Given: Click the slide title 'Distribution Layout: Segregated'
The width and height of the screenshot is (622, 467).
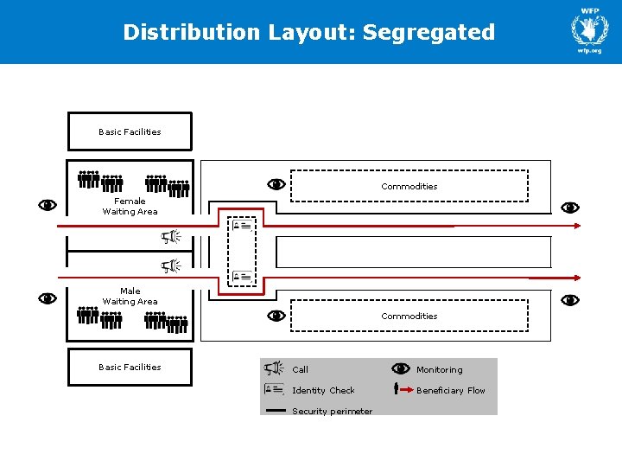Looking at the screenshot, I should coord(309,33).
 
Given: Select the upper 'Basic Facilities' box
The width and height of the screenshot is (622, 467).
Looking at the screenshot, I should coord(130,131).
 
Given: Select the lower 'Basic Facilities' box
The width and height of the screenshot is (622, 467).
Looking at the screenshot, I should coord(130,367).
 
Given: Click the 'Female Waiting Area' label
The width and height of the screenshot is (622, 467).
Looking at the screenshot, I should coord(130,206).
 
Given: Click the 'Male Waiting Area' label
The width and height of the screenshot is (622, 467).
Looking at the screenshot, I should coord(130,296).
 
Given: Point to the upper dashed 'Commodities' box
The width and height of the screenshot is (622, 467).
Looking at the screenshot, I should coord(409,186).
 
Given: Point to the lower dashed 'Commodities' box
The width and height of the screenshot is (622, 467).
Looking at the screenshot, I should coord(409,316).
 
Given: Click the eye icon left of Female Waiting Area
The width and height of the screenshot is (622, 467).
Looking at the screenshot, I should coord(48,205).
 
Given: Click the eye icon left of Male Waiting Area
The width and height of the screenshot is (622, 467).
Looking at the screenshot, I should coord(48,298).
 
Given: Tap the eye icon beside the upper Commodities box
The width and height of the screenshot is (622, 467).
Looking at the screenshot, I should coord(276,184).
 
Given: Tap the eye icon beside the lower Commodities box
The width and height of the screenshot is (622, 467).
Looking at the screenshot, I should coord(276,316).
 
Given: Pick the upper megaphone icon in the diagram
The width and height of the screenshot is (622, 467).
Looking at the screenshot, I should coord(171,237).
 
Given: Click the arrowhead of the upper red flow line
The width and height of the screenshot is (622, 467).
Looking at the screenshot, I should coord(576,226).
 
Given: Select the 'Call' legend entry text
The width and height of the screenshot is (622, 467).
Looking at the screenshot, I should coord(300,369).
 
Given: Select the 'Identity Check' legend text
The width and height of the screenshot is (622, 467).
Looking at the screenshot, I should coord(323,390).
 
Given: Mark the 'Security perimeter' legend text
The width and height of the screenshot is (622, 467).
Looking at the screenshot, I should coord(332,411).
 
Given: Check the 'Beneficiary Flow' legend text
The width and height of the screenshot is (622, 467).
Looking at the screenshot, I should coord(450,390).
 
